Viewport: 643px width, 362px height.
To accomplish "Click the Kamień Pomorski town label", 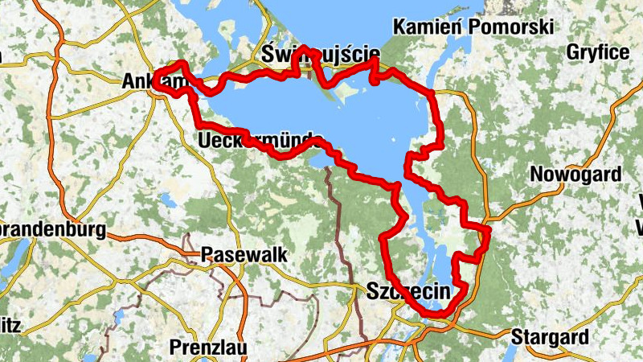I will (x=473, y=27).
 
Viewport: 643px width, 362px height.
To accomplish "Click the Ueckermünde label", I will (x=260, y=140).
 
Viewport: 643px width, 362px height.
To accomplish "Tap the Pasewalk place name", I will (x=244, y=253).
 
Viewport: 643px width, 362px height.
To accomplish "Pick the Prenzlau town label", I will (x=209, y=348).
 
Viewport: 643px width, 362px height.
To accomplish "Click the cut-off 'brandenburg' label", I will (x=53, y=230).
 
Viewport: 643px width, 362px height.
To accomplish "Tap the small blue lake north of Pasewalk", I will (x=167, y=198).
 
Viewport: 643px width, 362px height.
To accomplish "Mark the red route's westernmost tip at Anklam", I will (x=154, y=77).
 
